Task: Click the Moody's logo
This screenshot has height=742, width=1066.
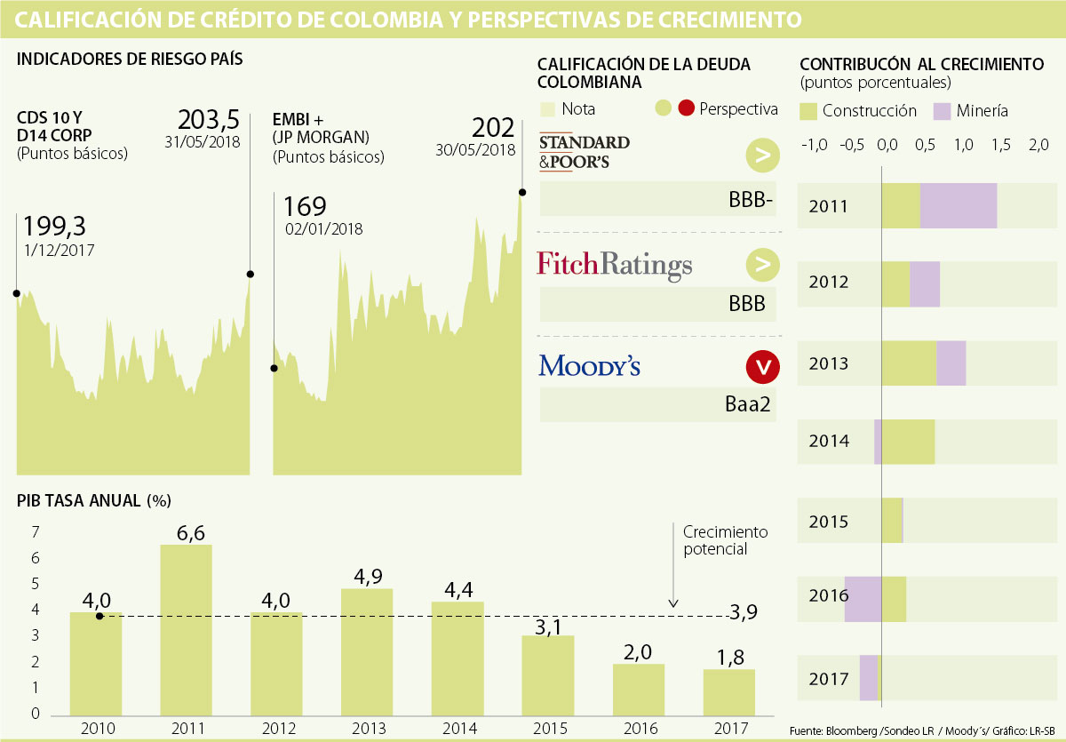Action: (589, 365)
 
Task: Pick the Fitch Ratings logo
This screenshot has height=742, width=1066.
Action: (614, 265)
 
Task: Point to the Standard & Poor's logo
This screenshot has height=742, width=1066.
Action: (584, 151)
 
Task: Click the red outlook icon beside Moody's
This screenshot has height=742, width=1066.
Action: (762, 365)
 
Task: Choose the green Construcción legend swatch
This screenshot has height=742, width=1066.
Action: (808, 111)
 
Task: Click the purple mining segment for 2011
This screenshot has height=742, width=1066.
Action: (959, 205)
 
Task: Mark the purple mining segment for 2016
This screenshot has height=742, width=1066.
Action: (863, 599)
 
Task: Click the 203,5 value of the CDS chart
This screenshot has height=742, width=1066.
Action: (210, 120)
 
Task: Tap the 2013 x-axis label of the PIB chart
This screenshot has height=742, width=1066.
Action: (368, 728)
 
